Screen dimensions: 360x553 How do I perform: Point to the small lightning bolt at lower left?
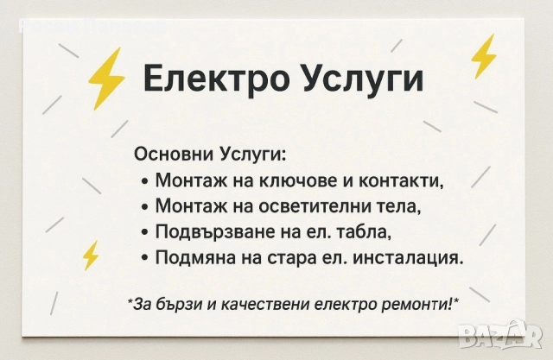[90, 255]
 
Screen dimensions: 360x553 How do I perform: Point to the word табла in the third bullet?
[366, 232]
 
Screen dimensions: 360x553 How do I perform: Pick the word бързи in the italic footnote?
[179, 303]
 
